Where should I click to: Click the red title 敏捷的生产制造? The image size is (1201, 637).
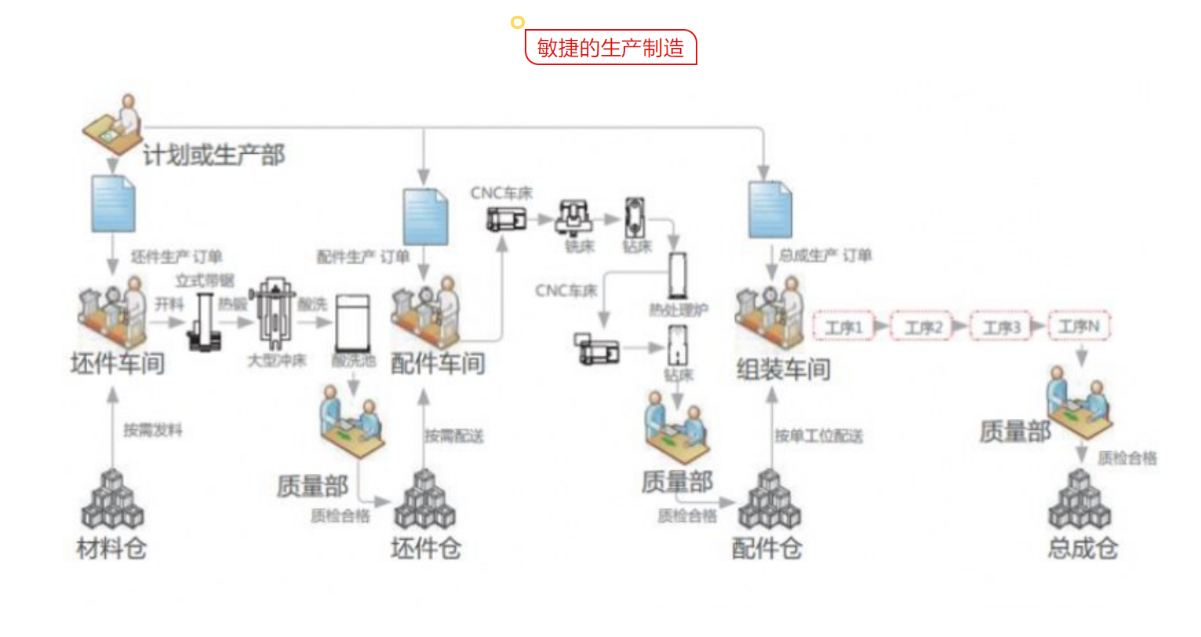(610, 48)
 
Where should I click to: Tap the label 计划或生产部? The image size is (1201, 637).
(213, 155)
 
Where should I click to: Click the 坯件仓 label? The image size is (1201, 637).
(425, 548)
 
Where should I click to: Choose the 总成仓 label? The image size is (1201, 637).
(1083, 548)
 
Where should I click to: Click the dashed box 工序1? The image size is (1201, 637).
(843, 326)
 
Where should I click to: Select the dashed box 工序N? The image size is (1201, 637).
(1079, 326)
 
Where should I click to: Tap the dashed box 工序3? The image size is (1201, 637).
(1002, 326)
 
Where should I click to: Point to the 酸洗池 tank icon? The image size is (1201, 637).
(352, 322)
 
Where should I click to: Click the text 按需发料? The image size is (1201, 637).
(152, 430)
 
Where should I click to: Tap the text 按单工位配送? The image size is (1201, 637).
(818, 436)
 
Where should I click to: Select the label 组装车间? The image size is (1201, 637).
(783, 369)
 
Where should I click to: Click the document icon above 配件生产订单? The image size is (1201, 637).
(425, 217)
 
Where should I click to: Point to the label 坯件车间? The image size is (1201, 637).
(118, 363)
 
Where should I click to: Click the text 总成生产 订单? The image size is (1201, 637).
(824, 256)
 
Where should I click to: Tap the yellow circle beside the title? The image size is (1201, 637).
(517, 22)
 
